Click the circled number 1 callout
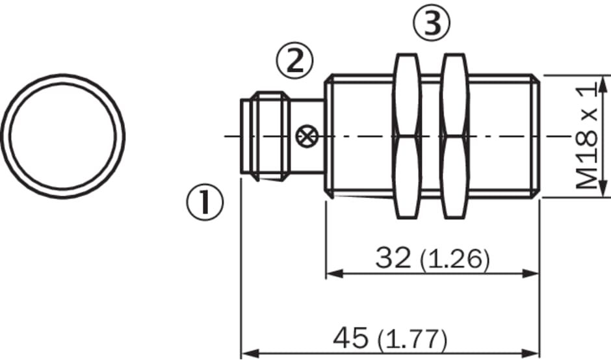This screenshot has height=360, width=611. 205,202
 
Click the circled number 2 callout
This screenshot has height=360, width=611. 294,60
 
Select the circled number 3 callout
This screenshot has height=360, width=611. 432,23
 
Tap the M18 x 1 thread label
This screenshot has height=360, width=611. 586,136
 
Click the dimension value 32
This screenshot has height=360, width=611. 393,257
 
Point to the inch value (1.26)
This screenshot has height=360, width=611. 454,259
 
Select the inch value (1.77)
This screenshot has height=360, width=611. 412,339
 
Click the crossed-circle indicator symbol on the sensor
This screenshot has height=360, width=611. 307,136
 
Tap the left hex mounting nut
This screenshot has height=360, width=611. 408,136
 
